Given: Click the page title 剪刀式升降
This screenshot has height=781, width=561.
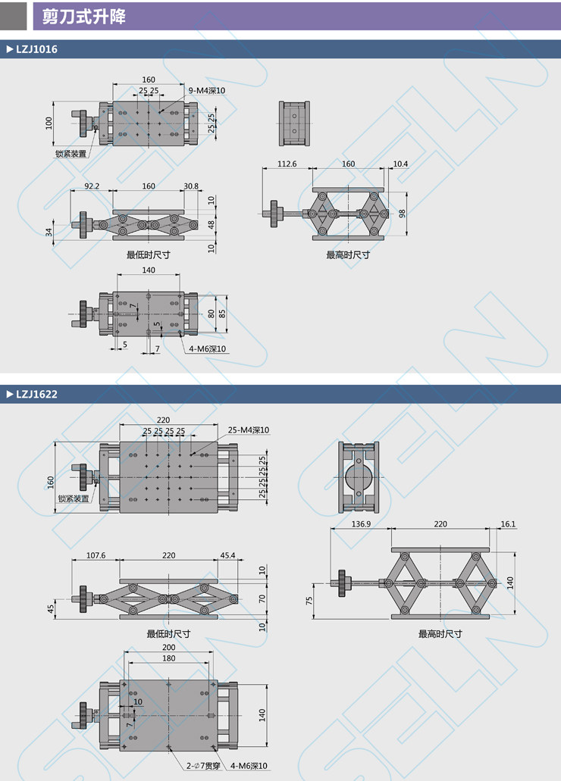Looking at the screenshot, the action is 84,17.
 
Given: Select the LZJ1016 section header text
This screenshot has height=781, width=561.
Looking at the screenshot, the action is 36,49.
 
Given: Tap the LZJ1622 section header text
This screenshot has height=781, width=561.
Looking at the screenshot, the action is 36,394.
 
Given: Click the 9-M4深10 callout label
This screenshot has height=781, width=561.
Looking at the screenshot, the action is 207,90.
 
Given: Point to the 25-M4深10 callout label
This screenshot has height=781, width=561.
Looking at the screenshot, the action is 249,430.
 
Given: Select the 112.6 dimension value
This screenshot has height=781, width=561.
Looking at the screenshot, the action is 287,164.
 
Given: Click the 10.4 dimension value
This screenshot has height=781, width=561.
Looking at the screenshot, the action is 400,164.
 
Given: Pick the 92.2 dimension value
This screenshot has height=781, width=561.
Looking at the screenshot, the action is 92,186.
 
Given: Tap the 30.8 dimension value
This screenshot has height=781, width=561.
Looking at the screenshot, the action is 191,186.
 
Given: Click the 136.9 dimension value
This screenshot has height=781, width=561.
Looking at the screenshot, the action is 361,524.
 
